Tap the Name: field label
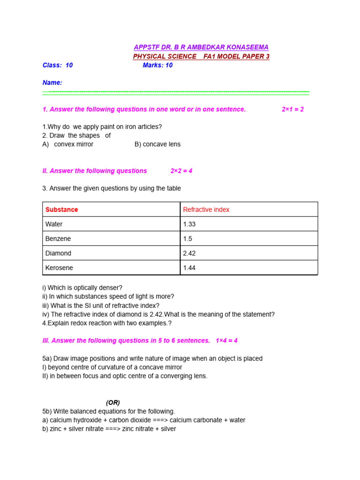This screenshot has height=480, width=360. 52,82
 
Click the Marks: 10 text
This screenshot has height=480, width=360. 157,65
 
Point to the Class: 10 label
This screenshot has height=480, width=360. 58,65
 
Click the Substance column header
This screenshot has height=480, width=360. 62,210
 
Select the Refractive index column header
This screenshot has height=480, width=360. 206,210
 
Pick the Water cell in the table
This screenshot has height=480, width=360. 54,224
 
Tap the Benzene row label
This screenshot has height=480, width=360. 58,239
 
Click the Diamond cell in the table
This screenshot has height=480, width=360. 58,253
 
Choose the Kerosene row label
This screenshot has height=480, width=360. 59,268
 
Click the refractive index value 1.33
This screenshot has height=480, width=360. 189,224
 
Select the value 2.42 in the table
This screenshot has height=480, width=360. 189,253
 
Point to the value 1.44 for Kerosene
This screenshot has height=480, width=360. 189,268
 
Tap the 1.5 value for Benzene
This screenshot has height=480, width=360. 187,239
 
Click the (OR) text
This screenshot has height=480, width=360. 113,402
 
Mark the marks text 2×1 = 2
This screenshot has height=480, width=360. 292,109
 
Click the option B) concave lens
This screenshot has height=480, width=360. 157,144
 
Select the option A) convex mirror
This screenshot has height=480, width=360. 68,144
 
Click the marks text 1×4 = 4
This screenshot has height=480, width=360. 227,340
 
